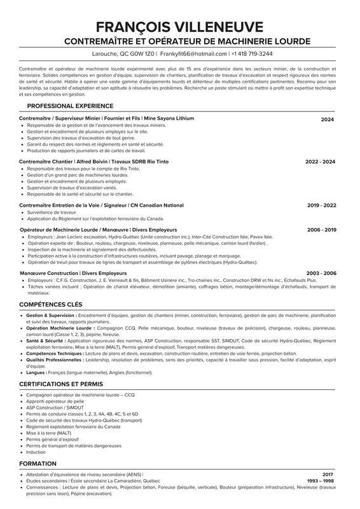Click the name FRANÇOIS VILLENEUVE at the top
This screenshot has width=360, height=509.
(179, 27)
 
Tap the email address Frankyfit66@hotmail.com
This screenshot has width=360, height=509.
(193, 54)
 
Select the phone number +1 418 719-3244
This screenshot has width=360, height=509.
(252, 54)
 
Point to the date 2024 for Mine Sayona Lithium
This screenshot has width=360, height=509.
(327, 119)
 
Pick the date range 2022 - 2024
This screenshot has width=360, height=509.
(320, 162)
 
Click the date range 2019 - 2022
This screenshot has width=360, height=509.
(321, 206)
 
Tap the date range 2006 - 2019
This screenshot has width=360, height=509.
(321, 229)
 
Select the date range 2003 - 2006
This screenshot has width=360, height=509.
(321, 273)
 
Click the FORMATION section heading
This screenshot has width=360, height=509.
(38, 464)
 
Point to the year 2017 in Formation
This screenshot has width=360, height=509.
(328, 475)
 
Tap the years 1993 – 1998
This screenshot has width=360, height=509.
(320, 481)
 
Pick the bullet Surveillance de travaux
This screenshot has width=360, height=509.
(56, 213)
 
